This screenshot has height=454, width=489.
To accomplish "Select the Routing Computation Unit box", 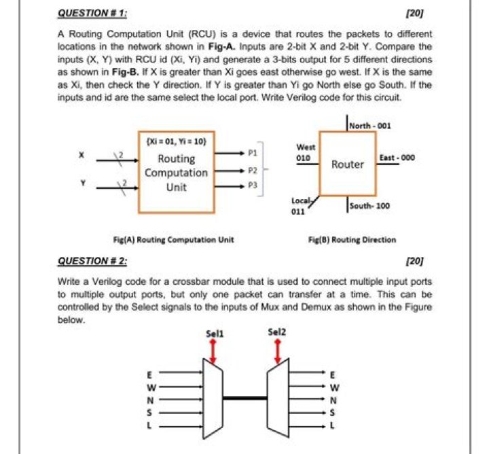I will pos(177,172).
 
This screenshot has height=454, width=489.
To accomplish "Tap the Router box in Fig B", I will pos(348,164).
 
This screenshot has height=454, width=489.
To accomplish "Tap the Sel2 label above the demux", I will pos(277,334).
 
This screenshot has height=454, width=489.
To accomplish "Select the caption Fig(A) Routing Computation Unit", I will pos(173,239).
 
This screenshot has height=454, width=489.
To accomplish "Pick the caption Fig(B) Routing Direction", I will pos(352,239).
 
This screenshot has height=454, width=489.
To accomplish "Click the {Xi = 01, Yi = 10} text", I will pos(176,142).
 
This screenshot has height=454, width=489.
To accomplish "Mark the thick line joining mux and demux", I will pos(244,398).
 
